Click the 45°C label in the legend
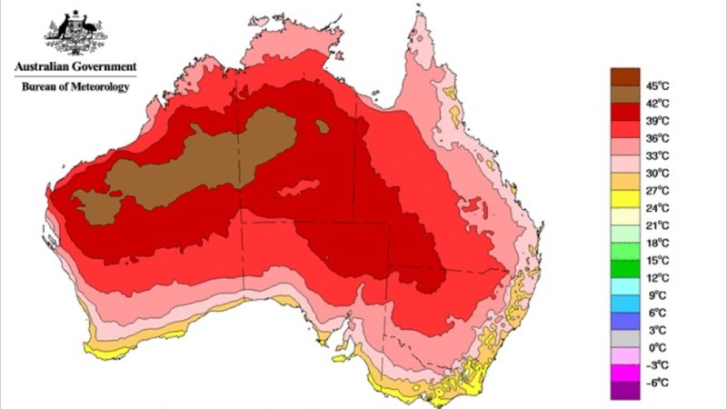point(657,86)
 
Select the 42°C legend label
point(657,104)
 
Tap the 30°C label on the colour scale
point(657,173)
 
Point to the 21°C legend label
point(657,225)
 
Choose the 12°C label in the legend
point(657,277)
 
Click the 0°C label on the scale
point(657,347)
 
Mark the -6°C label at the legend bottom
point(657,382)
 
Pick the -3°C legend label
point(657,364)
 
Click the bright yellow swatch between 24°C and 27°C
point(624,199)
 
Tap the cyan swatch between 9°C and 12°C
point(624,286)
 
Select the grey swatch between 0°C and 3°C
point(624,338)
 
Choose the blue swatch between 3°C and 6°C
point(624,321)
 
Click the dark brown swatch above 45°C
point(624,76)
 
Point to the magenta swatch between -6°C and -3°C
point(624,373)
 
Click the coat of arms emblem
point(74,34)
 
